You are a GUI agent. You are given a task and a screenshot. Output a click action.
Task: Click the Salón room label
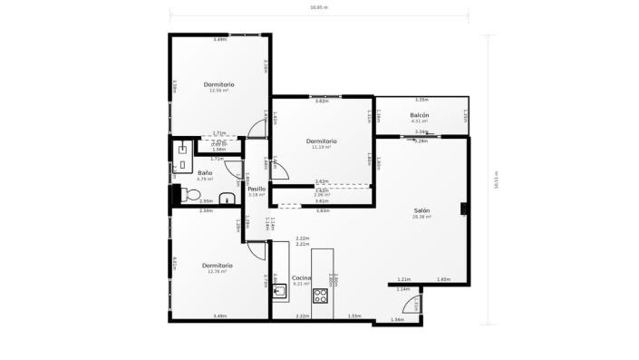point(421,210)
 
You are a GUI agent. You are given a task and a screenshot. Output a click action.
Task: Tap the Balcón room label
point(419,115)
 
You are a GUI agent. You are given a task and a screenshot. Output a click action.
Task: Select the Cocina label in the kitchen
point(302,277)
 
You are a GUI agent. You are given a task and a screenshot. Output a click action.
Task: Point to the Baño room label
point(205,172)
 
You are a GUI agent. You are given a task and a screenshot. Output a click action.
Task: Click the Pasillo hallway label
point(257,189)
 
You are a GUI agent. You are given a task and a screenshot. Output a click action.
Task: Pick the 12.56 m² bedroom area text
point(218,91)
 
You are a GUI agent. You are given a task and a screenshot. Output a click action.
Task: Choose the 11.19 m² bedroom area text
point(321,147)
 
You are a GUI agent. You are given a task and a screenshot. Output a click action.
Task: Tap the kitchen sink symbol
point(280,292)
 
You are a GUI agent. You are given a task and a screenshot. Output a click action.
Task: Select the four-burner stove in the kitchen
point(321,295)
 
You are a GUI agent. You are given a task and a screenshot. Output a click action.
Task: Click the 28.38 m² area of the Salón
point(421,217)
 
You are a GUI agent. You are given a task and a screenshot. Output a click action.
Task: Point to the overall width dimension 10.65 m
point(319,7)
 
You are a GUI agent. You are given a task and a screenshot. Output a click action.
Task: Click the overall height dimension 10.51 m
point(496,179)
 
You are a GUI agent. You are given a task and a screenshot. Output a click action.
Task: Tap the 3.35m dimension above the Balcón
point(421,100)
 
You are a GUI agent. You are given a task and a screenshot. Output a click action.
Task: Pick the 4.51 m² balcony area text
point(419,121)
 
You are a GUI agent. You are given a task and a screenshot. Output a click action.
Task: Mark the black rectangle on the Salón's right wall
point(463,208)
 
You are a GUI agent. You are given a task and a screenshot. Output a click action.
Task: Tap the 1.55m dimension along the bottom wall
point(354,316)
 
